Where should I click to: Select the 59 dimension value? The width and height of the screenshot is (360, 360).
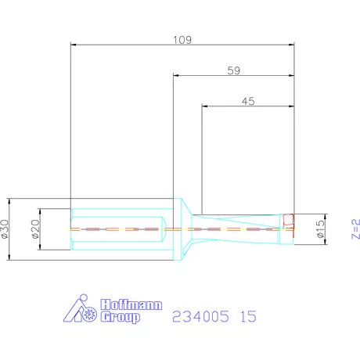point(233,70)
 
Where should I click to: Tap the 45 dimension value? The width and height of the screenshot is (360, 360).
point(249,100)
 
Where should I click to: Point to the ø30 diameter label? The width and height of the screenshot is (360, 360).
point(8,229)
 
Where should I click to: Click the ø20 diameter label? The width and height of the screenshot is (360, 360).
point(34,229)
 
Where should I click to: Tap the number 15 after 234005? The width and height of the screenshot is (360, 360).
point(247,317)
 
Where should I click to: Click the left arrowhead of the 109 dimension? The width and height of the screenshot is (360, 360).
point(73,45)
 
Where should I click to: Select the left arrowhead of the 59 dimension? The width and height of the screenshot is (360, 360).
point(175,76)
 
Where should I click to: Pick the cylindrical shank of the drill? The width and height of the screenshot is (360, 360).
point(117,229)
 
